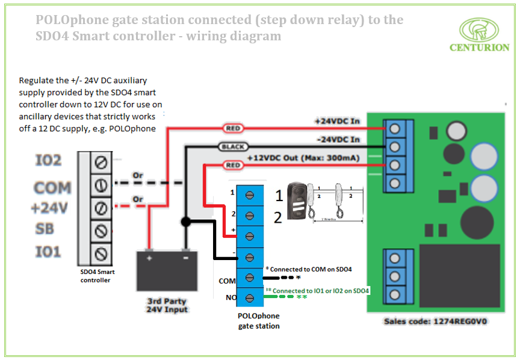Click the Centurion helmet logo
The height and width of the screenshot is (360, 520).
coord(479,30)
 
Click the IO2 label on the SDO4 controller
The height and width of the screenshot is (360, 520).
coord(48,161)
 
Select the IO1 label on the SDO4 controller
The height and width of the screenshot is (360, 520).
coord(48,252)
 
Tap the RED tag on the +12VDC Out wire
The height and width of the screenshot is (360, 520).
coord(232,165)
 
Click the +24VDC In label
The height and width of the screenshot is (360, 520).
coord(336,121)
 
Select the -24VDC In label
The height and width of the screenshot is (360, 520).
coord(337,139)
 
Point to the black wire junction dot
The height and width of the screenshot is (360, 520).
coord(186,222)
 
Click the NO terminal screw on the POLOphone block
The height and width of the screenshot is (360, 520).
coord(249,297)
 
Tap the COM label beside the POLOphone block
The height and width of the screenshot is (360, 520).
coord(227,281)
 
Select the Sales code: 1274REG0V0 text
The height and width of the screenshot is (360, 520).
coord(436,321)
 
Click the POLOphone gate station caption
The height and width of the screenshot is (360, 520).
coord(259,321)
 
